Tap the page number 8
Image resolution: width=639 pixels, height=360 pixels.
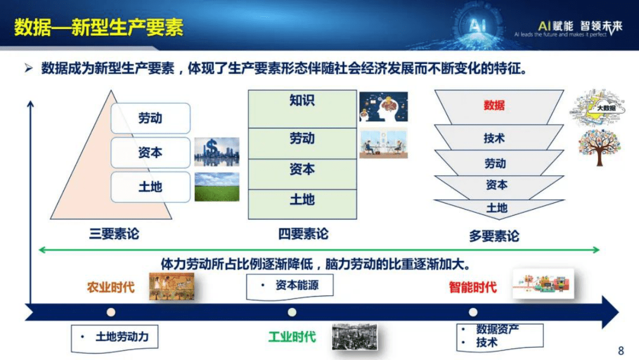tap(621, 351)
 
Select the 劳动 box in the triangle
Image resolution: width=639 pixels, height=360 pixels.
tap(150, 118)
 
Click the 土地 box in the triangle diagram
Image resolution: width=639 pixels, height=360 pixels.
tap(150, 187)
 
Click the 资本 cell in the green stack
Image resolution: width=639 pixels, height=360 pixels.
tap(302, 169)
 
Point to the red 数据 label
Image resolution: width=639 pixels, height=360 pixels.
tap(494, 105)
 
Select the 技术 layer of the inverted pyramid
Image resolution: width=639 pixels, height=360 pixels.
tap(494, 138)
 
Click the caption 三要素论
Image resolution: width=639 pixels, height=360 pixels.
tap(114, 234)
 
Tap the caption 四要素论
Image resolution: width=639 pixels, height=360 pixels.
tap(303, 234)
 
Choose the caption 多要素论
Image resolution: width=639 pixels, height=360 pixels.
tap(494, 236)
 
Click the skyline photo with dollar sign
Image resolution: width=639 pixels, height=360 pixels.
tap(217, 152)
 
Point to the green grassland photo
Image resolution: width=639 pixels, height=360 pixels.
tap(217, 187)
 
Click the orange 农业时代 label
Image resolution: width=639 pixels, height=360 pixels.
tap(111, 287)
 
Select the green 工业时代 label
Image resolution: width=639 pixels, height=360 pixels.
tap(292, 337)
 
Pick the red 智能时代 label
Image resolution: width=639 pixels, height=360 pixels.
tap(473, 287)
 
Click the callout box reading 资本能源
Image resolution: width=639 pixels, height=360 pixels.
tap(290, 285)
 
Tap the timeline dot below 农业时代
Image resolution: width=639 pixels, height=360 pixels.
tap(111, 312)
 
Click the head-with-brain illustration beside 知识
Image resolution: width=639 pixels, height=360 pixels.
tap(383, 107)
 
